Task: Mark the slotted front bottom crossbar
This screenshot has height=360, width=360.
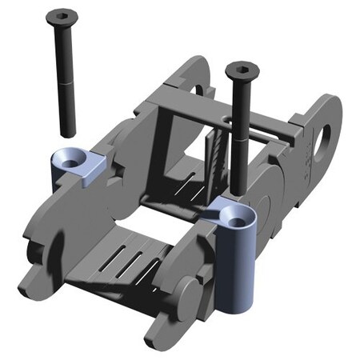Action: click(x=128, y=260)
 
